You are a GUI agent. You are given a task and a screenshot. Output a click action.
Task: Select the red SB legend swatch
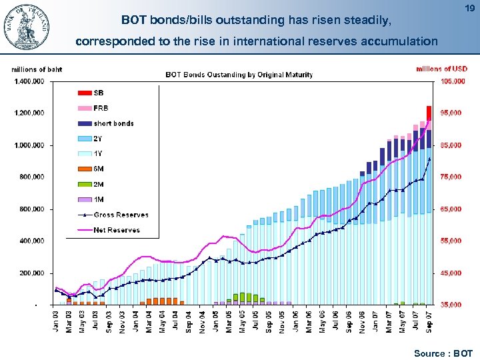click(85, 93)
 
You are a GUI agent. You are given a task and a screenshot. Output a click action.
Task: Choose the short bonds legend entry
click(113, 123)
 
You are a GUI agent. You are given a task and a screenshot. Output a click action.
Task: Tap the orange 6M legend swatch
click(85, 169)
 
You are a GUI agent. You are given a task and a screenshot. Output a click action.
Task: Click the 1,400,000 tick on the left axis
click(28, 81)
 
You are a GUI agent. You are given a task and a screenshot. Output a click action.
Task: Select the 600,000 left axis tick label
click(29, 209)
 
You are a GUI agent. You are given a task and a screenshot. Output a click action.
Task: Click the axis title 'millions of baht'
click(37, 69)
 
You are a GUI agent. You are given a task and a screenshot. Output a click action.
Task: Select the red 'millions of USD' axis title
click(441, 69)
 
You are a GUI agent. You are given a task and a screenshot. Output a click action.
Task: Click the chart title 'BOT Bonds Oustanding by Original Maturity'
click(239, 75)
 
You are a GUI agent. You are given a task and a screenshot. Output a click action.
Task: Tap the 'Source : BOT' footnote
click(443, 353)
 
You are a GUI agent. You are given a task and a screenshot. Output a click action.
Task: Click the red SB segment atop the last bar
click(429, 113)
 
